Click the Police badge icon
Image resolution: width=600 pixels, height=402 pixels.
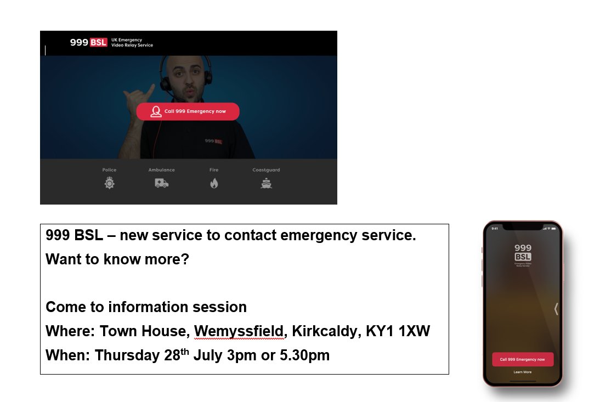click(x=109, y=183)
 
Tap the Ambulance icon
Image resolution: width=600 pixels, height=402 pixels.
click(x=161, y=183)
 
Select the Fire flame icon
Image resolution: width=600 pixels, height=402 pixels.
click(x=214, y=183)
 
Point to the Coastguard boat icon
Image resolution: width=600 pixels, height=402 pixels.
click(x=266, y=183)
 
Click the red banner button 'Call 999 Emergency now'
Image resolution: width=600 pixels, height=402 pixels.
click(x=188, y=111)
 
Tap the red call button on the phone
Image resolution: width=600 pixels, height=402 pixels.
click(x=522, y=359)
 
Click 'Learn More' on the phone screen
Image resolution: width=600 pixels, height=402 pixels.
click(x=522, y=372)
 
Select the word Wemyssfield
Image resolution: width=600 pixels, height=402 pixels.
click(x=240, y=331)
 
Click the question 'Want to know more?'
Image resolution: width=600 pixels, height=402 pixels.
click(x=117, y=259)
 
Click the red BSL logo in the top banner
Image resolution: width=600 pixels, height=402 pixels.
click(x=98, y=42)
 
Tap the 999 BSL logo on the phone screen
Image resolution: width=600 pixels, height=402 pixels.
click(x=523, y=253)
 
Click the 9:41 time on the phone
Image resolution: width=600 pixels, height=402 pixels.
click(x=495, y=228)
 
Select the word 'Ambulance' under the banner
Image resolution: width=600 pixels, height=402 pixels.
click(x=161, y=170)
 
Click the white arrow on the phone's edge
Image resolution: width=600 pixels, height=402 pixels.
click(x=556, y=309)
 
